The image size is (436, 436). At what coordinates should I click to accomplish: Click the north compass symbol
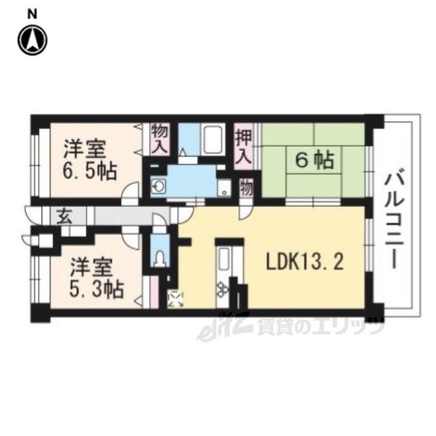(x=33, y=40)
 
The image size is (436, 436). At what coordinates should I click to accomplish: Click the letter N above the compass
(x=32, y=15)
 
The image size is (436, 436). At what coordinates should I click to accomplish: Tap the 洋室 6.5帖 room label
(x=89, y=160)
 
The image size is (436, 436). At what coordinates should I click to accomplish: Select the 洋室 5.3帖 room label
(x=96, y=278)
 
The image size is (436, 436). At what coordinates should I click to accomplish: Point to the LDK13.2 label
(x=305, y=262)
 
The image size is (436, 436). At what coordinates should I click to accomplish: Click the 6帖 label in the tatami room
(x=314, y=161)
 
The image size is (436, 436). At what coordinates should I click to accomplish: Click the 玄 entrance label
(x=65, y=216)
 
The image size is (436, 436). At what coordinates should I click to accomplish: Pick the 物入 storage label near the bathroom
(x=159, y=139)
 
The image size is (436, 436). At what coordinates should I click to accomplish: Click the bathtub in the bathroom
(x=212, y=140)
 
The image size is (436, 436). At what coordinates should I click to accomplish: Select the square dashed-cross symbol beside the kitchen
(x=175, y=299)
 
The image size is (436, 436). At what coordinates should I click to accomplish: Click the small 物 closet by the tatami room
(x=247, y=188)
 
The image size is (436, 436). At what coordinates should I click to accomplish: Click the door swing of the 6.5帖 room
(x=130, y=189)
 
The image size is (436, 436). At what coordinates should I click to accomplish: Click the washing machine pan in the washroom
(x=224, y=188)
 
